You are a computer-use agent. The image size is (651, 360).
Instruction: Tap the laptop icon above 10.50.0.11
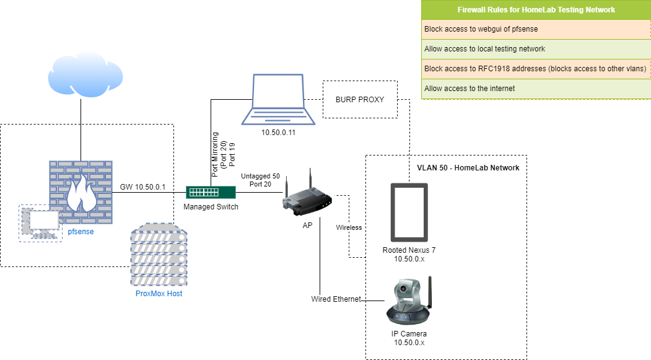pyautogui.click(x=277, y=100)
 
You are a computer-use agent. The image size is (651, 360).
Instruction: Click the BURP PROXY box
pyautogui.click(x=360, y=99)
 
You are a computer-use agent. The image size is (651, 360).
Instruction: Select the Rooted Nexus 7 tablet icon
pyautogui.click(x=409, y=212)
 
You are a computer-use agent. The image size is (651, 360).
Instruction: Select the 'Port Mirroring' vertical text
pyautogui.click(x=215, y=155)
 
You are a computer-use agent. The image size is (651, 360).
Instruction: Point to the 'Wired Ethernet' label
pyautogui.click(x=336, y=299)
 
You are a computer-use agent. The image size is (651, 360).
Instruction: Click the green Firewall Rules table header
pyautogui.click(x=536, y=10)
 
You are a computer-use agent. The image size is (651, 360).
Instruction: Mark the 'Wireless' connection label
pyautogui.click(x=349, y=227)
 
